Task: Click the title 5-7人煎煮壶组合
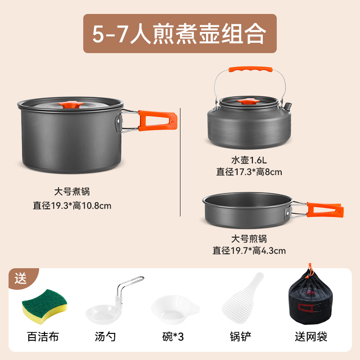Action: (179, 34)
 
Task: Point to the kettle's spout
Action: (286, 108)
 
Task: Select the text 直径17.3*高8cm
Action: (249, 171)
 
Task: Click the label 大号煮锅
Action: (72, 192)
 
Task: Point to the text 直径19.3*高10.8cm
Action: (72, 205)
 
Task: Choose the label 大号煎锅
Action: (249, 238)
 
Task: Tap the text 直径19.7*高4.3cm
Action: (249, 251)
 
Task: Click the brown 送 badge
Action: (21, 279)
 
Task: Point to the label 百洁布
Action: (43, 336)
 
